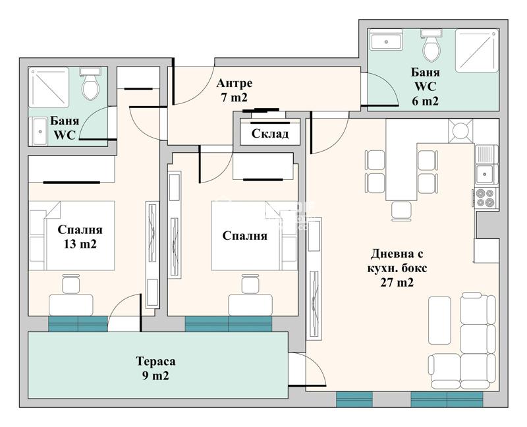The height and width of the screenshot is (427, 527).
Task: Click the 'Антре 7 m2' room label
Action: click(235, 90)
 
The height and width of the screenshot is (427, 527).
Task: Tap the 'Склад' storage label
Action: click(269, 134)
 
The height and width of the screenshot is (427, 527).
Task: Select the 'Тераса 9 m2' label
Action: click(155, 368)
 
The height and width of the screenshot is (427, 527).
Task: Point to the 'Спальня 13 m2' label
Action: click(80, 237)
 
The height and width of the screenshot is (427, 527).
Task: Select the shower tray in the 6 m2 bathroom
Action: click(476, 51)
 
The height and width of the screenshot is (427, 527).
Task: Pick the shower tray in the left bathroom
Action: click(49, 88)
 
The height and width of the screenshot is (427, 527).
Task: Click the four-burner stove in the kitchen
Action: click(485, 198)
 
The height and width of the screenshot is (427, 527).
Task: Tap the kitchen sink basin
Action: click(484, 174)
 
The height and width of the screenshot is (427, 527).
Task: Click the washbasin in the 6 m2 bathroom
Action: click(386, 40)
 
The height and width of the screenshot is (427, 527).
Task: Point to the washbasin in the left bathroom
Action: click(40, 131)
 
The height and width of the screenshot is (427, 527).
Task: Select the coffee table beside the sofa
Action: click(439, 320)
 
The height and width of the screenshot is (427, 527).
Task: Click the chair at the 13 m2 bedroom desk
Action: click(71, 284)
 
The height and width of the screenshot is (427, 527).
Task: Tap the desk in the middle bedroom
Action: click(250, 305)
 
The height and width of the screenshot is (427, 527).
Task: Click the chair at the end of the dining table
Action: click(401, 211)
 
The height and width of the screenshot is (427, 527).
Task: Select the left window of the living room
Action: click(354, 399)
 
